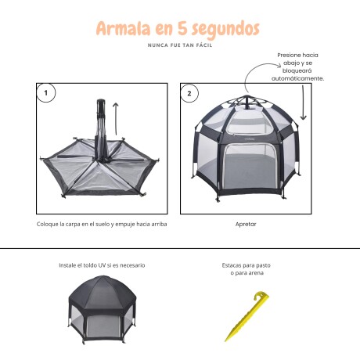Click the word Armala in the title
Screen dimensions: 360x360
pyautogui.click(x=124, y=28)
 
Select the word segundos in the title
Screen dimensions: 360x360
pyautogui.click(x=225, y=29)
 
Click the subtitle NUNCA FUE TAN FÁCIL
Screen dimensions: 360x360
pyautogui.click(x=180, y=45)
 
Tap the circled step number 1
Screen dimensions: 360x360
pyautogui.click(x=46, y=93)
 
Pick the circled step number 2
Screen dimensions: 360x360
pyautogui.click(x=189, y=93)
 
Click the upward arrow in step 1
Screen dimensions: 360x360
pyautogui.click(x=116, y=119)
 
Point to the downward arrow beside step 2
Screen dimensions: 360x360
pyautogui.click(x=303, y=103)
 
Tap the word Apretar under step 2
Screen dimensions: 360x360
pyautogui.click(x=246, y=224)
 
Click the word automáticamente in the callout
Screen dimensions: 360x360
pyautogui.click(x=297, y=78)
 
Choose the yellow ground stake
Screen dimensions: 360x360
pyautogui.click(x=247, y=316)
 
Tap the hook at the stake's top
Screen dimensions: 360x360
pyautogui.click(x=261, y=297)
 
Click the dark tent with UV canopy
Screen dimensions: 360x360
pyautogui.click(x=103, y=309)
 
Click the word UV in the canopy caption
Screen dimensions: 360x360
pyautogui.click(x=102, y=265)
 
